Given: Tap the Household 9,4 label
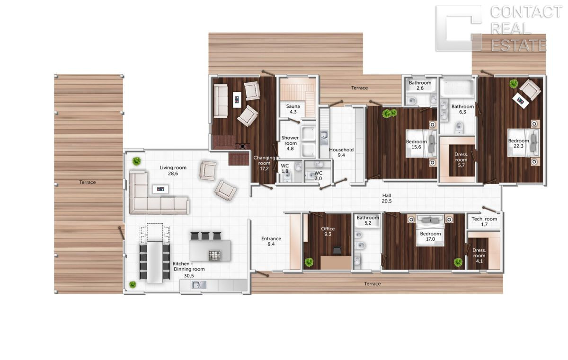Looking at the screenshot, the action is [341, 152].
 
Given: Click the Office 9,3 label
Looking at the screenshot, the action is [328, 231].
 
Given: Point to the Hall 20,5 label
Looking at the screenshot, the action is [387, 198].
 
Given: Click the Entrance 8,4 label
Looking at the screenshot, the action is [271, 241].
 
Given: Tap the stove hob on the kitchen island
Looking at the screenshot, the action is [214, 255].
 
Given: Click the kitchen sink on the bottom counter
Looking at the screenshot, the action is [199, 285].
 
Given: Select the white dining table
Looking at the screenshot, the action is [155, 262].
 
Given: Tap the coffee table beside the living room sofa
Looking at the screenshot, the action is [160, 189].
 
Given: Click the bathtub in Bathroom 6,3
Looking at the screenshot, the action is [457, 88].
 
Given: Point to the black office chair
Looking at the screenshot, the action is [337, 251].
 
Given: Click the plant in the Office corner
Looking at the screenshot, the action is [309, 262].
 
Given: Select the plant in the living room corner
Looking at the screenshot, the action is [136, 161].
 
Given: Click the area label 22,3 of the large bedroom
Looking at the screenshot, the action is [518, 146].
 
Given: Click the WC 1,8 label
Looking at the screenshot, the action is [285, 168].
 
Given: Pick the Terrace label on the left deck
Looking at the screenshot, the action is [87, 182].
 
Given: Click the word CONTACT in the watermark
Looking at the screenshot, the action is [526, 12].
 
